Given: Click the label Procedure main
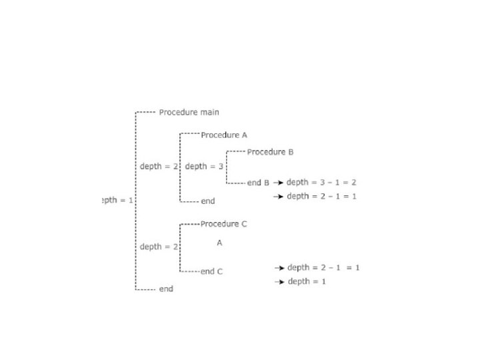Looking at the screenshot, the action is [189, 112].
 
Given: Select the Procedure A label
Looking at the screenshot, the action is [224, 135].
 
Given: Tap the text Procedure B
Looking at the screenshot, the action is [270, 152].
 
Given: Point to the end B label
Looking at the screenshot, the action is [258, 182].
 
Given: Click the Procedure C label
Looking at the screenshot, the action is [223, 224].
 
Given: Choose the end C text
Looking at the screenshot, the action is [211, 271].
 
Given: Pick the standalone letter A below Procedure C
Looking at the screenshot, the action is [219, 243].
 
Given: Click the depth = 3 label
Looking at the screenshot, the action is [204, 166].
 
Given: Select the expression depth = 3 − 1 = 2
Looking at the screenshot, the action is [322, 182].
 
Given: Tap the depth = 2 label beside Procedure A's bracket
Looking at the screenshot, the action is [159, 166].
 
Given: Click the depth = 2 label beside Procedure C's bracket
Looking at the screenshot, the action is [159, 247].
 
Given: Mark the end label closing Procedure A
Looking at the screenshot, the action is [208, 201].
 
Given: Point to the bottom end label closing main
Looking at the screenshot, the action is [166, 289].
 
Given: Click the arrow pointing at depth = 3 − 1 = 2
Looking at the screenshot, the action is [279, 182].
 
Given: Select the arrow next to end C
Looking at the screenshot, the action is [280, 267].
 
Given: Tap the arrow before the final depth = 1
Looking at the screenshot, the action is [280, 282].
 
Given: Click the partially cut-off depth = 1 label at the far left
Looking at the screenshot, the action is [117, 200].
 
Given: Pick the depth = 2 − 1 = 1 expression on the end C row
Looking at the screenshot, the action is [323, 267].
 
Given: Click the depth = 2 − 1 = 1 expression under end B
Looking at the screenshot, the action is [322, 196].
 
